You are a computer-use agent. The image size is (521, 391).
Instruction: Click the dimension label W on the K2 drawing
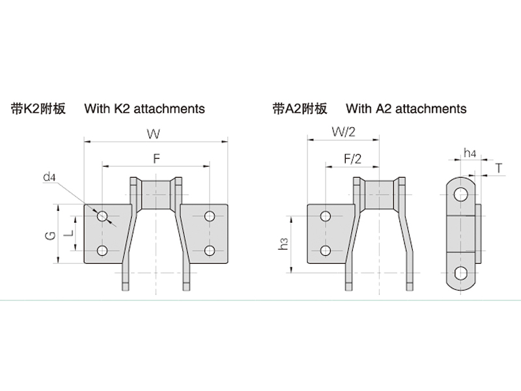154,134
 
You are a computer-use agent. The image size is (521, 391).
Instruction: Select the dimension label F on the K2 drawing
156,158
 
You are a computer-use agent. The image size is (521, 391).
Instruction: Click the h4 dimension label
470,153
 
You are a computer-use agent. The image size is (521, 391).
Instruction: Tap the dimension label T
498,168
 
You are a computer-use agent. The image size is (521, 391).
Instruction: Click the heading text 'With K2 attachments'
145,108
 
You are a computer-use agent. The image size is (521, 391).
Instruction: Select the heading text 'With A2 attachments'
406,108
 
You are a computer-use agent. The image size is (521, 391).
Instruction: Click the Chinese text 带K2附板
38,108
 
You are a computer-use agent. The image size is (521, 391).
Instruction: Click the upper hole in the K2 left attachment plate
102,216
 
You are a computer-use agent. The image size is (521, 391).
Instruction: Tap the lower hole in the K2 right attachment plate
209,250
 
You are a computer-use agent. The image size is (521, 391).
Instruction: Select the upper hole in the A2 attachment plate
326,216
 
